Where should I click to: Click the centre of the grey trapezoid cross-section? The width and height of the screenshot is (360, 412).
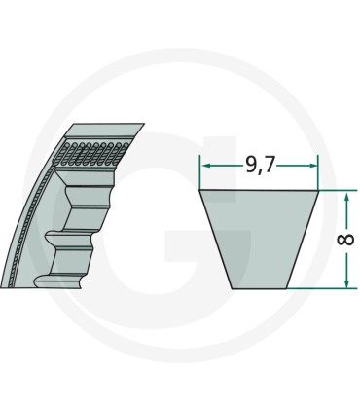pyautogui.click(x=260, y=238)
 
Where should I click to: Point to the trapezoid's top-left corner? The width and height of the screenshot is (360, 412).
pyautogui.click(x=200, y=191)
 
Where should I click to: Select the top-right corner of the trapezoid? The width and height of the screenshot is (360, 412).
pyautogui.click(x=319, y=191)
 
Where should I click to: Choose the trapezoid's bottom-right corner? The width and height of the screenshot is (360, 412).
pyautogui.click(x=289, y=288)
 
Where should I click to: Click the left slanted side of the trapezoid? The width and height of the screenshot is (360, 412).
pyautogui.click(x=214, y=240)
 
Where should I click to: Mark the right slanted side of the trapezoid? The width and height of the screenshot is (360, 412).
pyautogui.click(x=305, y=240)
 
